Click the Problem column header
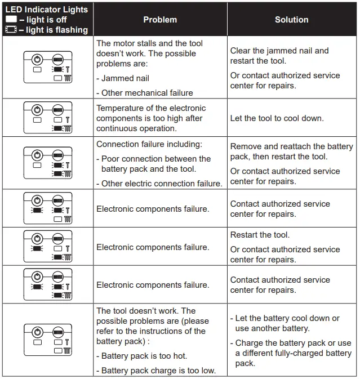click(160, 20)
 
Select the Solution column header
click(291, 20)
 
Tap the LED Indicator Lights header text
click(47, 9)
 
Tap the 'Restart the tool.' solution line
click(260, 235)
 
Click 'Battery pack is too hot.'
click(144, 356)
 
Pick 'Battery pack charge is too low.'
click(158, 371)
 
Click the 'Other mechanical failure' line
click(146, 93)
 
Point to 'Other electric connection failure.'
click(161, 184)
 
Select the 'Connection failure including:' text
click(149, 144)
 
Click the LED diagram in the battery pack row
click(47, 340)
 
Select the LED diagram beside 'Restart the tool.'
click(47, 246)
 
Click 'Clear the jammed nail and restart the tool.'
click(279, 56)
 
